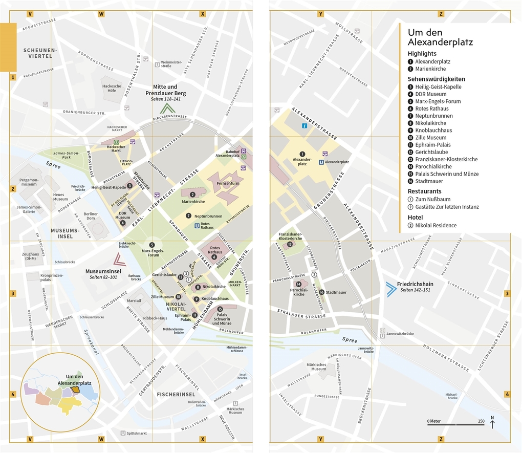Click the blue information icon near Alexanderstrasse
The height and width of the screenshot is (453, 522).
coord(304,125)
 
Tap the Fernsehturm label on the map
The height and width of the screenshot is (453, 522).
coord(228,183)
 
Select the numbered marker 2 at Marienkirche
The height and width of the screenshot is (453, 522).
coord(192,195)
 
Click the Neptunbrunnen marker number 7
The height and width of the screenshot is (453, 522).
coord(188,216)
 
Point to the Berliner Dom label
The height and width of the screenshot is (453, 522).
coord(91,216)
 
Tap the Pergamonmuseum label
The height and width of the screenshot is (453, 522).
coord(29,182)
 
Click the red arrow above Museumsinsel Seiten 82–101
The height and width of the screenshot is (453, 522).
coord(119,260)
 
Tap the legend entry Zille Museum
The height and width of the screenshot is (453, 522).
coord(430,138)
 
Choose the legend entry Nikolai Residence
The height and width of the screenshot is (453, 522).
coord(436,225)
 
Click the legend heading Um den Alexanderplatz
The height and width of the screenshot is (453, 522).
coord(440,37)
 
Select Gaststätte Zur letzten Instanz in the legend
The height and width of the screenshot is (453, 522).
coord(447,207)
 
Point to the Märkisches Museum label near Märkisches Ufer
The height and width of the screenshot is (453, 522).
coord(316,366)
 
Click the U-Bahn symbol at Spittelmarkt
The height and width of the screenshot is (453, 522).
coord(123,433)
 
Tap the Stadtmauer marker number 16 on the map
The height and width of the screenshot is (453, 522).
coord(321,293)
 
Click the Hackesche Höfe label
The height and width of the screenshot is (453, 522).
coord(112,88)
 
